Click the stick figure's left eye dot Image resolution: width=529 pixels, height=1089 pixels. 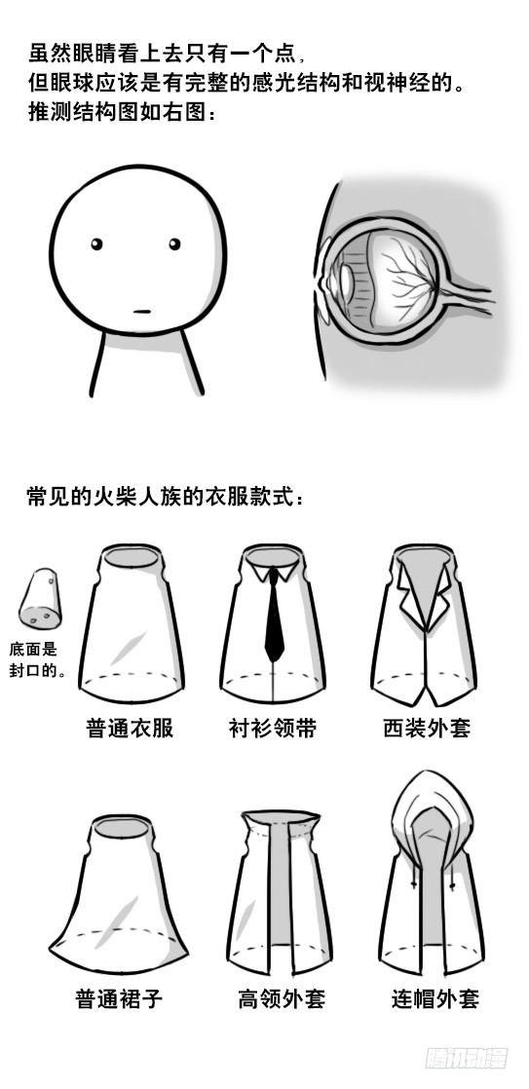click(96, 244)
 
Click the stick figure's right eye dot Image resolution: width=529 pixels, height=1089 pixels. click(174, 244)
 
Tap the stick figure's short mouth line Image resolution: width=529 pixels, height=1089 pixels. click(142, 312)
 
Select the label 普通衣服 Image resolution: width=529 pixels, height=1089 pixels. click(130, 728)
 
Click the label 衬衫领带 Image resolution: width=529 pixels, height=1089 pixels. click(273, 728)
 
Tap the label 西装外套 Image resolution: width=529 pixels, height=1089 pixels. click(427, 728)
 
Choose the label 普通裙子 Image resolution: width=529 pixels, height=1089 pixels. click(119, 998)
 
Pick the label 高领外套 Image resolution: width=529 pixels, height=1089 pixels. click(282, 998)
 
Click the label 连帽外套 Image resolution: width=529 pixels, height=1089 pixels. click(435, 998)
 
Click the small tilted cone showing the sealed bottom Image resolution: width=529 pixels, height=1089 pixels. click(40, 600)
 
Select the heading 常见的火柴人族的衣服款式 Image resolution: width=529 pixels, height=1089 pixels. click(165, 497)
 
